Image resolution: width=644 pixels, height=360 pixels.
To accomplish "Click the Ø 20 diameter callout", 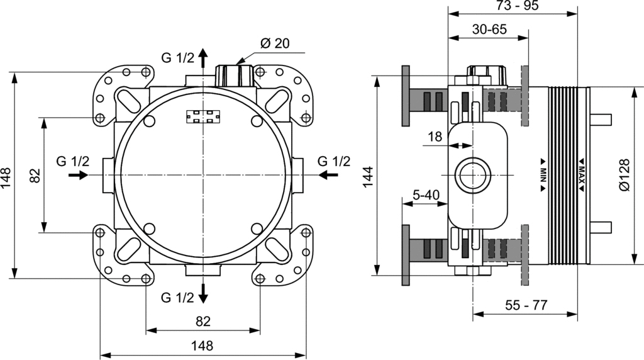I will point(274,43).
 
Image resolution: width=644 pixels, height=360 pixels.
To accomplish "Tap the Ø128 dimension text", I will point(624,175).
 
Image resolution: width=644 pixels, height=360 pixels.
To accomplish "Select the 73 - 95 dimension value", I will point(512,6).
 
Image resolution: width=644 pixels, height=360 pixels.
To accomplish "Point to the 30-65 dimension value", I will point(489,29).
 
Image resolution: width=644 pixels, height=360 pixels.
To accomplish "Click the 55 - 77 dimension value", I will point(526,305).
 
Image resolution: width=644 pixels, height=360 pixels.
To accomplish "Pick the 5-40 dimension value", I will point(426,195).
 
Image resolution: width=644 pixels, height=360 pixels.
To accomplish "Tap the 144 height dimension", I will point(369,177).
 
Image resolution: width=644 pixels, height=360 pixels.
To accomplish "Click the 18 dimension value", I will point(435,136).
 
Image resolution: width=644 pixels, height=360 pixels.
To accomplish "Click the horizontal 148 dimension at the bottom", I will point(202,346).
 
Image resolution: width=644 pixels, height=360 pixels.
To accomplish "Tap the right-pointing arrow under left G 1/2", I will point(79,176).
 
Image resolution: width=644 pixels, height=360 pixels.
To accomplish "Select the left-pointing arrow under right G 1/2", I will point(328,176).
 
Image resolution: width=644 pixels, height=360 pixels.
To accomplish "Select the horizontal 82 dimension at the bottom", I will point(202,321).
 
